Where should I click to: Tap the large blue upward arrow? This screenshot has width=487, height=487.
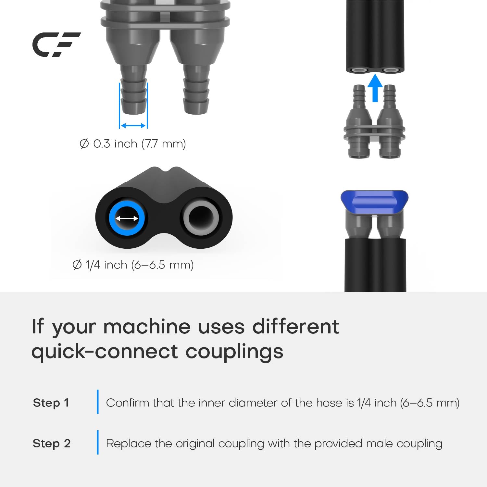pos(375,88)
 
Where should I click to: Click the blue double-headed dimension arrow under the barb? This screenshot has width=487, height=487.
pos(133,126)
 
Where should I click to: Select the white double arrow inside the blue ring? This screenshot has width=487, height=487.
pos(127,219)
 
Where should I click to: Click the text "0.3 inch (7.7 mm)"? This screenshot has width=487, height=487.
pos(140,144)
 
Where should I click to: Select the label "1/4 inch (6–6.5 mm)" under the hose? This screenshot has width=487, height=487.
pos(140,265)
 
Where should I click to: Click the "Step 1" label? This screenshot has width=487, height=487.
pos(51,403)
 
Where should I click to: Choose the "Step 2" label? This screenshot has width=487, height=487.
pos(52,443)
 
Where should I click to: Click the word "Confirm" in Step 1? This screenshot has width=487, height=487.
pos(128,403)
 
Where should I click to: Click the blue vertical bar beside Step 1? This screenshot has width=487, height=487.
pos(98,402)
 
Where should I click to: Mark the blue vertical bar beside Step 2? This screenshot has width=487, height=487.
pos(98,442)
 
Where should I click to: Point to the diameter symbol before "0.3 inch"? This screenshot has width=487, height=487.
pos(84,144)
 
